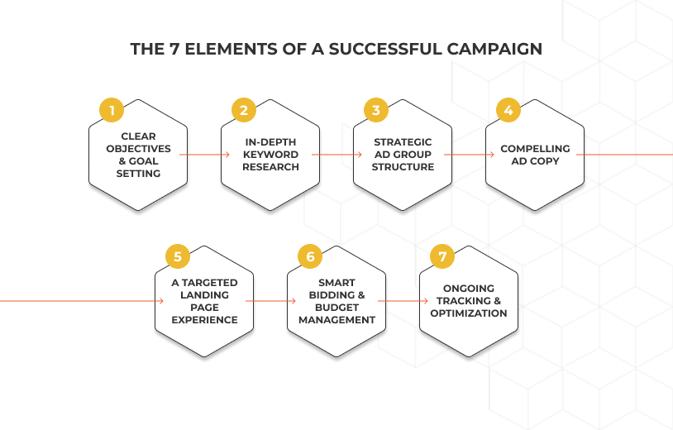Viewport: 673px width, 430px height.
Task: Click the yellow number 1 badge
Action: pos(112,110)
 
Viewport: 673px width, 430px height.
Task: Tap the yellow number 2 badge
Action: pos(243,110)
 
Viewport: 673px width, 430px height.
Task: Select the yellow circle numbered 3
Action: pos(375,110)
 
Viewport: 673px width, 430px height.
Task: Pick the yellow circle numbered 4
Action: pos(508,110)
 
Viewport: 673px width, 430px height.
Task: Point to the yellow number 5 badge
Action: pos(177,256)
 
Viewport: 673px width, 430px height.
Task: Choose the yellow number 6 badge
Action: pos(310,256)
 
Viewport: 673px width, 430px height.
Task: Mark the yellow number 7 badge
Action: pos(442,256)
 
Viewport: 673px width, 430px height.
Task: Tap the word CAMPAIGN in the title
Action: pos(495,49)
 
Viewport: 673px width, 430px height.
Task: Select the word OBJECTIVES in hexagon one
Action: pos(139,149)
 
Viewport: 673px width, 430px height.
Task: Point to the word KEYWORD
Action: pos(270,155)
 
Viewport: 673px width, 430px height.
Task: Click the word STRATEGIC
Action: pos(403,142)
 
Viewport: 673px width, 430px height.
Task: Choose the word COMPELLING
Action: pos(535,149)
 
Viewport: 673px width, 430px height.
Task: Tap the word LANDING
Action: pos(204,294)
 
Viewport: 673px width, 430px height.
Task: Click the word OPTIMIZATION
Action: pos(469,313)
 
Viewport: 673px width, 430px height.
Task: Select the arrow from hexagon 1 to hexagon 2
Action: pos(203,155)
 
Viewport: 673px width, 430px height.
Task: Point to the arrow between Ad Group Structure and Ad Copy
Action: pos(468,155)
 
